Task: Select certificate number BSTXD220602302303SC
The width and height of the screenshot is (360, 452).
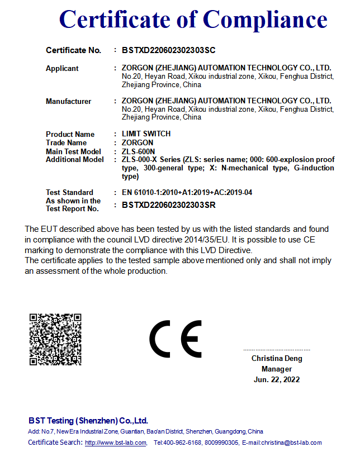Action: point(168,50)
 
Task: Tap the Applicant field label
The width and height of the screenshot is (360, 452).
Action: point(62,69)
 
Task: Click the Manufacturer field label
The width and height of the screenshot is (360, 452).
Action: point(68,102)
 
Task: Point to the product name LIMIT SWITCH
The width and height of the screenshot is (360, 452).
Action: point(146,134)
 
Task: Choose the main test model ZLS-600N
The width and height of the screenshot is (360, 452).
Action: point(138,151)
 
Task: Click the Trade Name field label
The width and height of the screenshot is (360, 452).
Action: point(66,143)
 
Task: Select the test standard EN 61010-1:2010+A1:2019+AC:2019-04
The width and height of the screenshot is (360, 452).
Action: point(187,193)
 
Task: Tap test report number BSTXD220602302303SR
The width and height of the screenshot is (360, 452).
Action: point(168,205)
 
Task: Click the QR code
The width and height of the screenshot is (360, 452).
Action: point(55,340)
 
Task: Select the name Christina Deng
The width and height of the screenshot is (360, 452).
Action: point(276,359)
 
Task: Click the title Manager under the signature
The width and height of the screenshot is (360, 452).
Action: point(276,369)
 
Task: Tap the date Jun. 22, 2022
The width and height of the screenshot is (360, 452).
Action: point(276,380)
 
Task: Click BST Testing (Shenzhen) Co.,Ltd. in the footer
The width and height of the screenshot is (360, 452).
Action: point(88,421)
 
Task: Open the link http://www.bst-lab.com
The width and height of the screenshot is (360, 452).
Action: point(115,443)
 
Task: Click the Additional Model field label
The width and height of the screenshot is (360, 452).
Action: point(74,160)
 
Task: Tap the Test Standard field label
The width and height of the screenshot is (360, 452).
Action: point(69,193)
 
